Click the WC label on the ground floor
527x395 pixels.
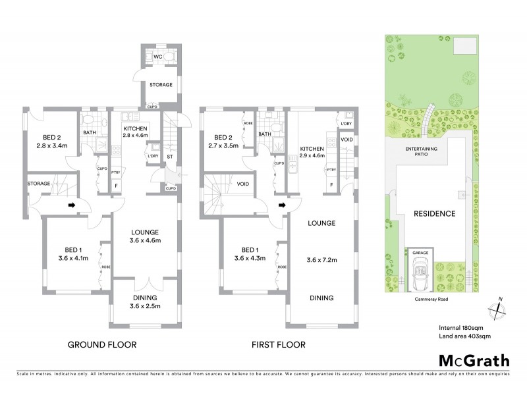tap(157, 57)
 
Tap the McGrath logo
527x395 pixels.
tap(474, 360)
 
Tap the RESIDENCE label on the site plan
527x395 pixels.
tap(434, 213)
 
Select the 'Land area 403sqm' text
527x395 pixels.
tap(464, 336)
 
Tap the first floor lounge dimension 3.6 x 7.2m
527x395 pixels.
tap(322, 260)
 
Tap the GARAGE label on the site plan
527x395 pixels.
tap(420, 253)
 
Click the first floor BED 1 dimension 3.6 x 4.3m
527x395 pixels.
tap(249, 259)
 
